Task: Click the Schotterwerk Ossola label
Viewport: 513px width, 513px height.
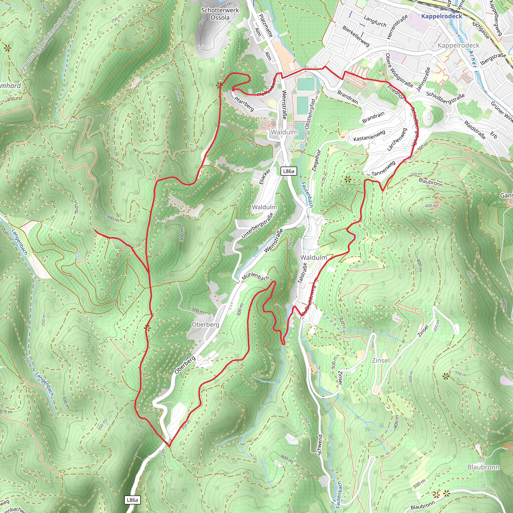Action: click(220, 14)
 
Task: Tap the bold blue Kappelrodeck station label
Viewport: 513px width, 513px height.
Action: click(442, 16)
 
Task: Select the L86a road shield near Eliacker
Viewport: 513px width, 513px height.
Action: click(289, 171)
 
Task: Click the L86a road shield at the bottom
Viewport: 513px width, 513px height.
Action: click(132, 500)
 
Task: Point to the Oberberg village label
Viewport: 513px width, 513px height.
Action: click(205, 324)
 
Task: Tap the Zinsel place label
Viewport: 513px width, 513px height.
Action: click(380, 360)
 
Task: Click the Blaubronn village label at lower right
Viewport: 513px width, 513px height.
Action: click(483, 467)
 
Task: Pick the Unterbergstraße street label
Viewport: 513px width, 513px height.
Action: click(257, 225)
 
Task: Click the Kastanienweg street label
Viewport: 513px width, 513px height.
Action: click(369, 136)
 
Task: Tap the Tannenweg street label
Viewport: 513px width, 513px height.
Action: click(383, 169)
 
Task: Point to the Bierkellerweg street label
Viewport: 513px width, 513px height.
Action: click(356, 36)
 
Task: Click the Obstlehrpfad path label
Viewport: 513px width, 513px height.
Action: click(310, 114)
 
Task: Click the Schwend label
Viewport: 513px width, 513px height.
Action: click(320, 445)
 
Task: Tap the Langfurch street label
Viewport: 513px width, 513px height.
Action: click(375, 21)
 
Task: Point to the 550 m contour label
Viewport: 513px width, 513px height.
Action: click(460, 374)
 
